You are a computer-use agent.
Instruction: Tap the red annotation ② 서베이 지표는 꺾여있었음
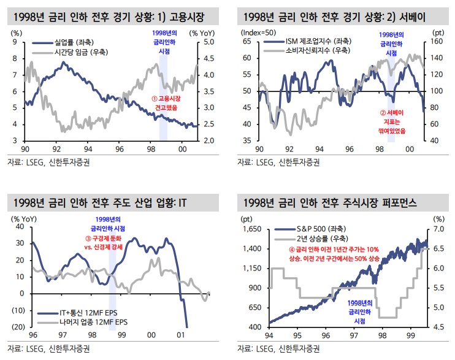point(393,121)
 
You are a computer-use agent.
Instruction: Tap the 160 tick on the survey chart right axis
point(438,42)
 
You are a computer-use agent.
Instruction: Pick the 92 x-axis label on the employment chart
point(56,149)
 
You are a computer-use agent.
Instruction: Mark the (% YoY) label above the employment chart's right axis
point(202,32)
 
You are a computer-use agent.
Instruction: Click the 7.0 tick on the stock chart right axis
point(438,229)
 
